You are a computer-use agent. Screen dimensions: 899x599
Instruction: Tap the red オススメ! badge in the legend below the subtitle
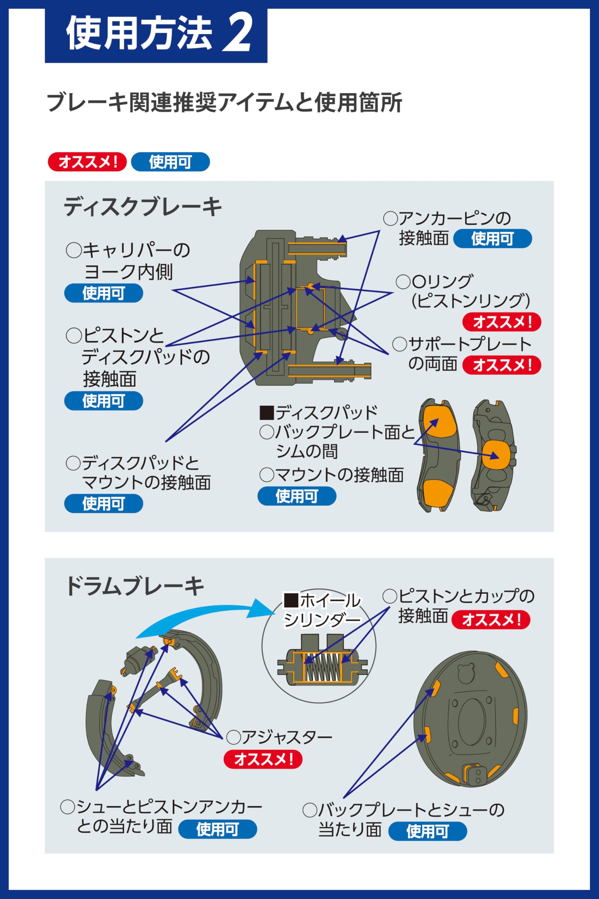[87, 162]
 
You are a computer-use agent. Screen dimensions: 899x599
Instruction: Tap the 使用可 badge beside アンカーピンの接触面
[492, 238]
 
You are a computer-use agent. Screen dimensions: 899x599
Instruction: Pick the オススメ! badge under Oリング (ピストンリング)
[501, 322]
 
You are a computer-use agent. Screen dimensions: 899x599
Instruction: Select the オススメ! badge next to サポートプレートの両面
[501, 365]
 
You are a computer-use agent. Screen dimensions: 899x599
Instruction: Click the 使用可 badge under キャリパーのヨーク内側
[104, 293]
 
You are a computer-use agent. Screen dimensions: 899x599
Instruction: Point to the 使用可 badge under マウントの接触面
[297, 496]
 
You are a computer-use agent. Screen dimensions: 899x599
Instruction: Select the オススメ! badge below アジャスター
[263, 759]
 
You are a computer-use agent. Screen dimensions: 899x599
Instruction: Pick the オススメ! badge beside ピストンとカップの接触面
[491, 619]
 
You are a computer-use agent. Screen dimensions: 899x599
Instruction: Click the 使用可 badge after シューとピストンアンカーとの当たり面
[217, 829]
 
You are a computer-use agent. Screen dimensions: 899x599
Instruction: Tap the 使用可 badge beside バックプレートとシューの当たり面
[427, 831]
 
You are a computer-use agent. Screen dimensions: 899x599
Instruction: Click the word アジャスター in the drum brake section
[286, 737]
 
